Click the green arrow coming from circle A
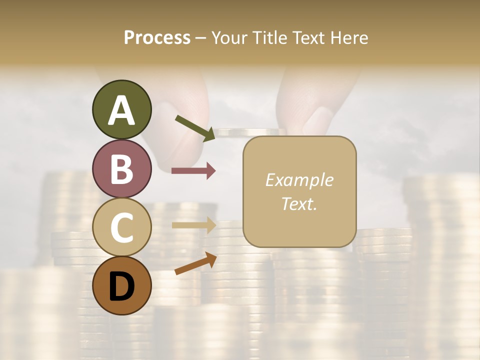click(x=195, y=128)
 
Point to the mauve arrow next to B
click(x=193, y=171)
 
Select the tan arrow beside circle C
click(x=193, y=225)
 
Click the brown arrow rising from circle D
click(x=195, y=264)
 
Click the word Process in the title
click(x=157, y=37)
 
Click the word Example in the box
click(x=299, y=180)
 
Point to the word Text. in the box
click(x=299, y=203)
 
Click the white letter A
click(x=122, y=110)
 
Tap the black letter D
click(x=122, y=286)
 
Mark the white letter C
click(x=122, y=228)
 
